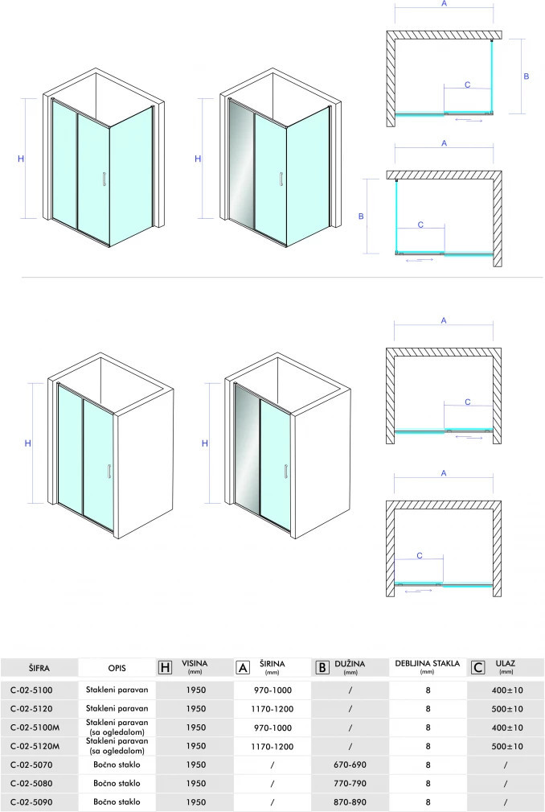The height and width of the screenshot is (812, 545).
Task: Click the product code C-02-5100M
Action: pyautogui.click(x=35, y=728)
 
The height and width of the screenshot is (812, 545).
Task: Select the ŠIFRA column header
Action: pyautogui.click(x=39, y=668)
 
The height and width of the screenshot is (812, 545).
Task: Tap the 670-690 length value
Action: pyautogui.click(x=350, y=765)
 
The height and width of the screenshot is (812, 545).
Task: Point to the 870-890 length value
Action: pyautogui.click(x=350, y=802)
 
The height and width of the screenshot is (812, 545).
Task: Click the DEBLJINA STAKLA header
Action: pyautogui.click(x=427, y=663)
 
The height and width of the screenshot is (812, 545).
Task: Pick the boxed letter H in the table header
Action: pyautogui.click(x=165, y=667)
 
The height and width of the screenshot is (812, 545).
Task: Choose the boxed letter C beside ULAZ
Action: pyautogui.click(x=477, y=667)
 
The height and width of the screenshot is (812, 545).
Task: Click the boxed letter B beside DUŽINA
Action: pyautogui.click(x=322, y=667)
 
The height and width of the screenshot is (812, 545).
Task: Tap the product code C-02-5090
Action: pyautogui.click(x=31, y=802)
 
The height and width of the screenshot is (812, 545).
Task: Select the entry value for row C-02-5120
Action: pyautogui.click(x=507, y=709)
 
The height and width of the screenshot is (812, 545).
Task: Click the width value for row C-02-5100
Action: pyautogui.click(x=273, y=690)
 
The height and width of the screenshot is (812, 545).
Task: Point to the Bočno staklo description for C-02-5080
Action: pyautogui.click(x=117, y=783)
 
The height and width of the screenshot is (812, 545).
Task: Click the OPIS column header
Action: pyautogui.click(x=117, y=668)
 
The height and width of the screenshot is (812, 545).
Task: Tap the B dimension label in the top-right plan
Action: pyautogui.click(x=527, y=76)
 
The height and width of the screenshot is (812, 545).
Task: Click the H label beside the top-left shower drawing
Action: pyautogui.click(x=21, y=159)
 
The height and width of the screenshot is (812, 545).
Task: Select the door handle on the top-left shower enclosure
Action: pyautogui.click(x=104, y=179)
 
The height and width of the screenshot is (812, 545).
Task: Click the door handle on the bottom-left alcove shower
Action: pyautogui.click(x=109, y=472)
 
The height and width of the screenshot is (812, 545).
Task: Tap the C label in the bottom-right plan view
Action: pyautogui.click(x=420, y=555)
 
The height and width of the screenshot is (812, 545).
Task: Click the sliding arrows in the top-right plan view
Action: pyautogui.click(x=469, y=120)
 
